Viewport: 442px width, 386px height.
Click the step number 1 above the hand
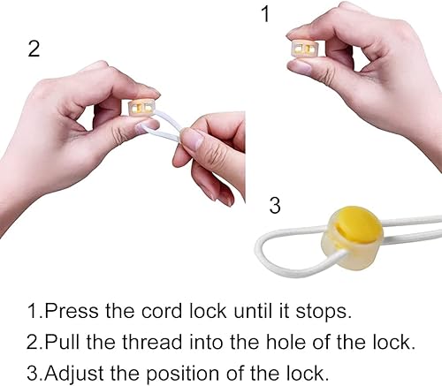pyautogui.click(x=266, y=14)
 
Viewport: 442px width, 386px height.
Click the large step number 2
pyautogui.click(x=34, y=49)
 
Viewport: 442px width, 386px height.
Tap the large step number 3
pyautogui.click(x=275, y=205)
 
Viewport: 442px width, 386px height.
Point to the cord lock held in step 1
pyautogui.click(x=305, y=49)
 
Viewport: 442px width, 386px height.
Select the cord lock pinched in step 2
pyautogui.click(x=141, y=108)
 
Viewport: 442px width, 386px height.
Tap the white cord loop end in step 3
pyautogui.click(x=263, y=250)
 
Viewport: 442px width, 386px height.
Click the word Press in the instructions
pyautogui.click(x=71, y=311)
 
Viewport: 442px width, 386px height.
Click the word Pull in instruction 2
pyautogui.click(x=63, y=342)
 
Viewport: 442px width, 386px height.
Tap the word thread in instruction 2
pyautogui.click(x=152, y=342)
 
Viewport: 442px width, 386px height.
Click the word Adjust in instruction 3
pyautogui.click(x=74, y=374)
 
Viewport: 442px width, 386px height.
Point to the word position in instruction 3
pyautogui.click(x=183, y=374)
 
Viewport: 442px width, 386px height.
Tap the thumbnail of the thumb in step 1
pyautogui.click(x=300, y=67)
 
